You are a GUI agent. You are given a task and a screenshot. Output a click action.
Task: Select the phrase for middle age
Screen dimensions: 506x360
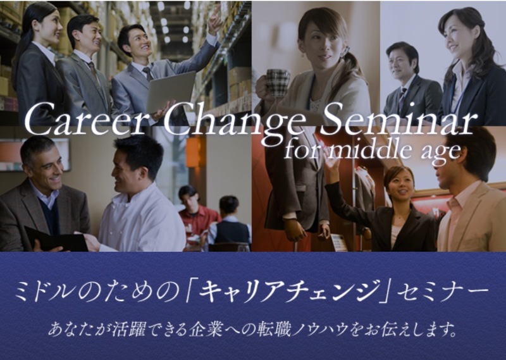point(373,151)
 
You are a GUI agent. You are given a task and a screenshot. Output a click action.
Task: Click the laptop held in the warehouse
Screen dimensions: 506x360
point(170,91)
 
